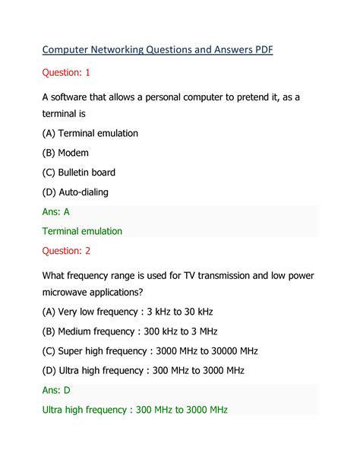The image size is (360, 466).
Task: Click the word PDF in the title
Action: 262,50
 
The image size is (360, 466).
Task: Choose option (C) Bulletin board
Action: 79,172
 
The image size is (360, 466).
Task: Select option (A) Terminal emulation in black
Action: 90,133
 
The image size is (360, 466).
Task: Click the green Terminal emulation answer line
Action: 82,231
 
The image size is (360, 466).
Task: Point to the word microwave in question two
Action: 72,292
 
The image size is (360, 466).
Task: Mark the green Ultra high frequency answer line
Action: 135,410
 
